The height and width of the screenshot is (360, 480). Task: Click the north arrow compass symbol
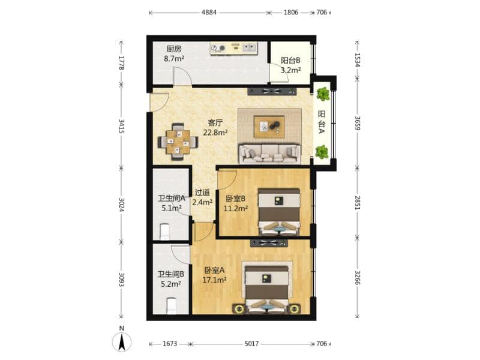(122, 341)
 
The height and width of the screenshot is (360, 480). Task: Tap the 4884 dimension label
(209, 13)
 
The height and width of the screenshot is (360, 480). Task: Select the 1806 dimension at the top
(291, 13)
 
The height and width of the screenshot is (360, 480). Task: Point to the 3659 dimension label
(357, 123)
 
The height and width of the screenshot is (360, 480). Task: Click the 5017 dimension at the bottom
(251, 344)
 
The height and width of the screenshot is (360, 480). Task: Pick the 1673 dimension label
(170, 344)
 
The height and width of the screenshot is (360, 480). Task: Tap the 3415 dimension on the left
(122, 126)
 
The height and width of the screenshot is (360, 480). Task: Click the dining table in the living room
(178, 142)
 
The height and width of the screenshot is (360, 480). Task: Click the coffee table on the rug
(269, 127)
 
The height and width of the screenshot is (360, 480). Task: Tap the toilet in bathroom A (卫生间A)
(164, 232)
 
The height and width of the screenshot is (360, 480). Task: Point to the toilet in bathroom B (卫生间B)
(171, 306)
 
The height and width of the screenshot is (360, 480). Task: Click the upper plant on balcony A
(323, 94)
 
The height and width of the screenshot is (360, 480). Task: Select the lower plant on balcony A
(322, 152)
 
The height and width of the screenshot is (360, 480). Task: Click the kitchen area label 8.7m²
(174, 59)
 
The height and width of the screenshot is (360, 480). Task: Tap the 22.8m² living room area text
(215, 133)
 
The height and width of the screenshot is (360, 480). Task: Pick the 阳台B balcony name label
(290, 61)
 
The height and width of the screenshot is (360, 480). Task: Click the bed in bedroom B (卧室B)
(279, 212)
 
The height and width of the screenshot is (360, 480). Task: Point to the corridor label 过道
(202, 193)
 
